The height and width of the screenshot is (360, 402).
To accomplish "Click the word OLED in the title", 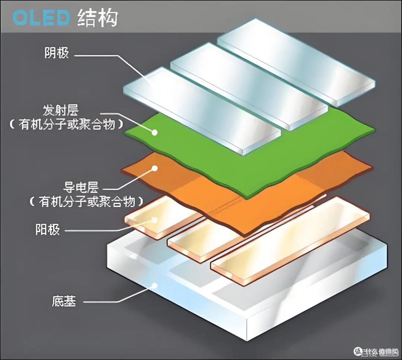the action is (41, 18).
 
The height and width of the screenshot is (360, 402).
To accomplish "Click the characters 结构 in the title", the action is (98, 18).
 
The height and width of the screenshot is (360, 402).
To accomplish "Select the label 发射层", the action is (61, 110).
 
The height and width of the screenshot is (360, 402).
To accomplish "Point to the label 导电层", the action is (81, 187).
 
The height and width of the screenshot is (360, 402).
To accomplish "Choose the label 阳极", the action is (48, 229).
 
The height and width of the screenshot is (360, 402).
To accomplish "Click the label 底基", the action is (64, 301).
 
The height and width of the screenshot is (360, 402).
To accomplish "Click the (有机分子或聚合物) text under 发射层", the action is (66, 125).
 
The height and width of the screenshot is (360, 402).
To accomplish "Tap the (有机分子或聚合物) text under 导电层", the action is (86, 202).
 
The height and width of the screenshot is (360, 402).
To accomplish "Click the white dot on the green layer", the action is (154, 132).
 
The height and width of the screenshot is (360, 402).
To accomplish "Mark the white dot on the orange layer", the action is (154, 168).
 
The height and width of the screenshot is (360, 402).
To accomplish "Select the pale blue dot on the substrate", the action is (154, 286).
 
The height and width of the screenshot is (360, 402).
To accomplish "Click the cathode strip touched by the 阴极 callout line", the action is (202, 111).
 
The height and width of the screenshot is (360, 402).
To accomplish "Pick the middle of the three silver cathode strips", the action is (249, 87).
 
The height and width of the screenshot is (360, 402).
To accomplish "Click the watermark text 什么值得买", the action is (382, 351).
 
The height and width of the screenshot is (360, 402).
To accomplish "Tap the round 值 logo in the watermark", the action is (358, 351).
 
